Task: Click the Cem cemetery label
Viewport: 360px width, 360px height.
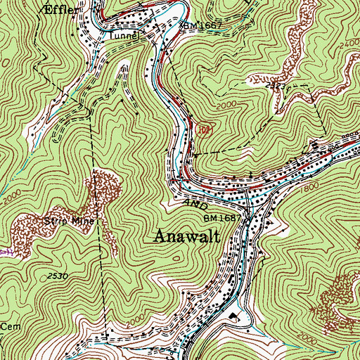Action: pos(8,327)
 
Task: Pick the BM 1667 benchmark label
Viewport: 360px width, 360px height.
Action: pos(203,26)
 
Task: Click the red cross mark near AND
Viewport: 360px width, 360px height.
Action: pos(180,181)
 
